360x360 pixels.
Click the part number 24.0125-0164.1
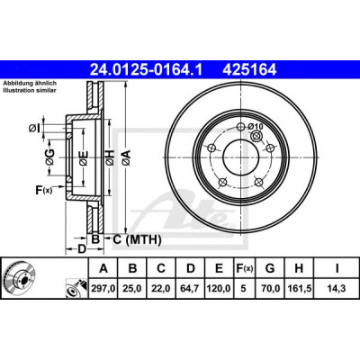tap(147, 70)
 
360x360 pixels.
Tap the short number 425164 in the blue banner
tap(249, 70)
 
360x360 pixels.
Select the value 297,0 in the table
tap(103, 289)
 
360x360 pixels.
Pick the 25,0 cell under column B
tap(132, 289)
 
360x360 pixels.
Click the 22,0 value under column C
tap(161, 289)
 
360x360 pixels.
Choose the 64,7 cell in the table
tap(191, 289)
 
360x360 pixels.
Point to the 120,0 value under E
tap(219, 289)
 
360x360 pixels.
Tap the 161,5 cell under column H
tap(299, 289)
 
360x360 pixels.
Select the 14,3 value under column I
tap(337, 289)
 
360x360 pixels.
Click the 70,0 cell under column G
tap(270, 289)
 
